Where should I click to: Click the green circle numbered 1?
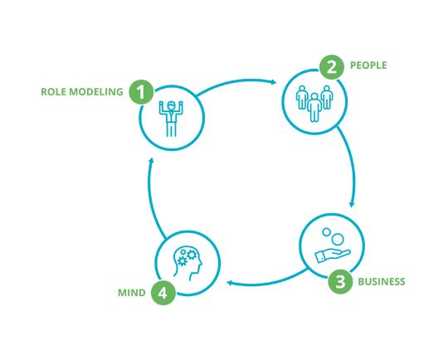141,92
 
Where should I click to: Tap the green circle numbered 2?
331,67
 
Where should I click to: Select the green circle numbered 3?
340,281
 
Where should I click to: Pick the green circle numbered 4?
163,292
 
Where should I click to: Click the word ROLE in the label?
53,92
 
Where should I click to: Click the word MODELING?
96,92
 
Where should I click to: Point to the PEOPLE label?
368,66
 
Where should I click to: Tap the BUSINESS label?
382,282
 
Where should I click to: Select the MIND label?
132,293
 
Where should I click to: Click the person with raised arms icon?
171,119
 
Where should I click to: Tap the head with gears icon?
187,263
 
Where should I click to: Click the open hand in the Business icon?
333,255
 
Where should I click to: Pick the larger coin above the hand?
338,239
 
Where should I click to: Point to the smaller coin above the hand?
326,231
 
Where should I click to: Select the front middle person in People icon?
314,108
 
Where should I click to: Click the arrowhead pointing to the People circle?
274,82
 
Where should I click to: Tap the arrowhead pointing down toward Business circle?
352,204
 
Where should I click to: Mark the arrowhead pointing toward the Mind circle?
230,283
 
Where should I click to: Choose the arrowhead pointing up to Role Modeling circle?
151,160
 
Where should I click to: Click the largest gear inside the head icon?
192,255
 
